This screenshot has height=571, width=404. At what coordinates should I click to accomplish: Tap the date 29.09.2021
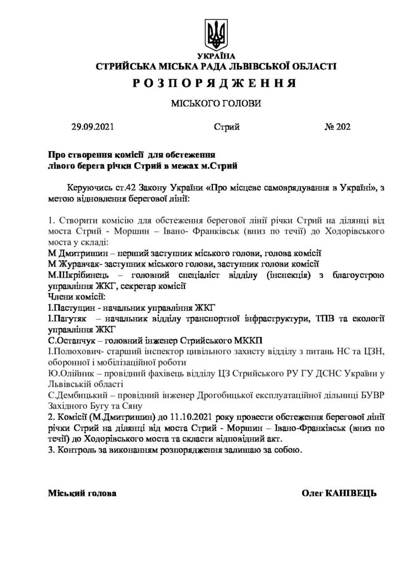click(x=93, y=127)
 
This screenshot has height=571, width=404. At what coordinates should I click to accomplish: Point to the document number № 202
click(x=337, y=127)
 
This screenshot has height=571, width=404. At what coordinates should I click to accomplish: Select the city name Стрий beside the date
click(x=227, y=127)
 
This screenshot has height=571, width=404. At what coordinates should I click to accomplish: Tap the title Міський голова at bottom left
click(x=82, y=493)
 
